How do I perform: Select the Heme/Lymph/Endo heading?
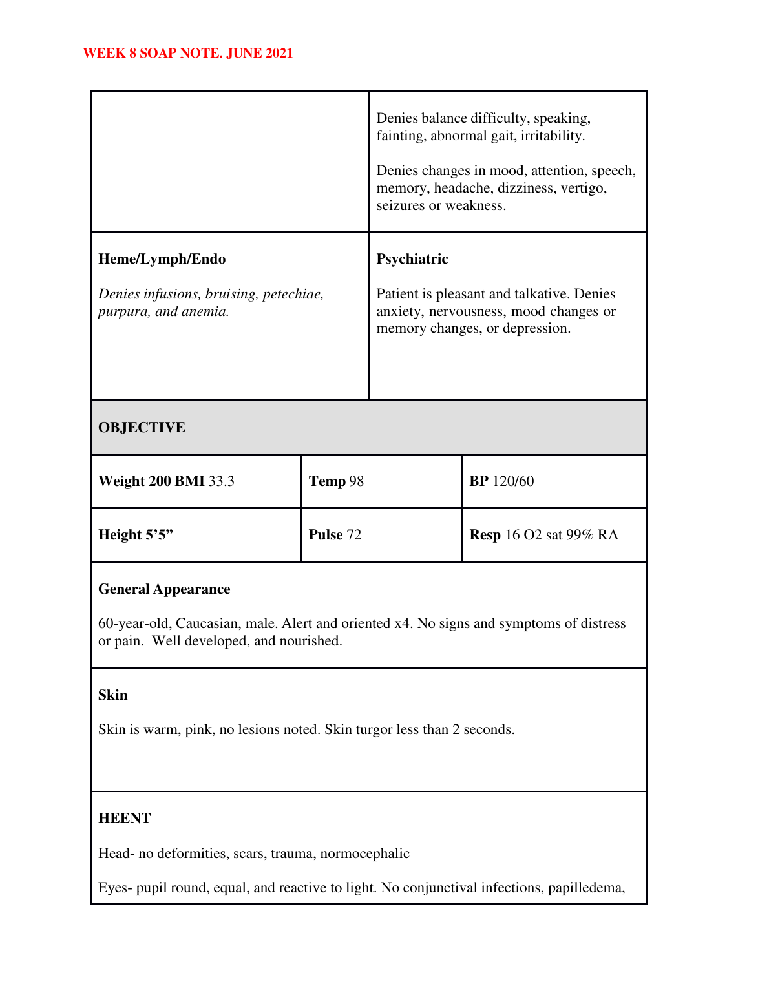pos(162,259)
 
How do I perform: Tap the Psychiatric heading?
pos(412,259)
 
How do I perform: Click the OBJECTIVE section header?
pos(142,428)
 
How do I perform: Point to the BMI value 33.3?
pos(221,481)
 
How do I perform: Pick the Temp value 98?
pos(356,481)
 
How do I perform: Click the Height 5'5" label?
pos(136,535)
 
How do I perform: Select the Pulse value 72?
pos(354,535)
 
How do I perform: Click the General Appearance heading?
pos(164,589)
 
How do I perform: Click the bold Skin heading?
pos(112,695)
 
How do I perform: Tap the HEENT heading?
pos(124,819)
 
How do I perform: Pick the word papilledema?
pos(586,888)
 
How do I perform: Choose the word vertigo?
pos(584,189)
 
